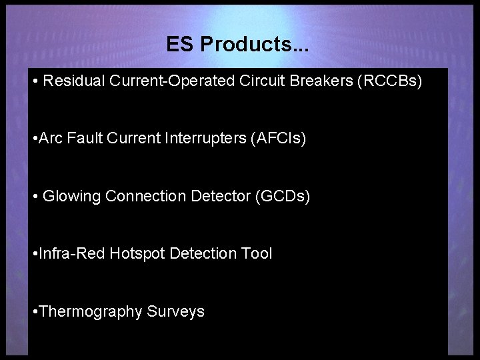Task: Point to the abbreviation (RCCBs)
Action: pyautogui.click(x=390, y=81)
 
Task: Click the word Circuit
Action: pyautogui.click(x=265, y=81)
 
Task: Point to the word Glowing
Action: pyautogui.click(x=71, y=197)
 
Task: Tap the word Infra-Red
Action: pyautogui.click(x=73, y=253)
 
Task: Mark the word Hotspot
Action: pyautogui.click(x=137, y=253)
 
